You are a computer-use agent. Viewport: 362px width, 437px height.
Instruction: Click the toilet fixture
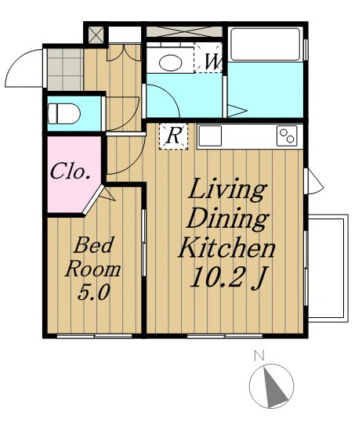click(64, 114)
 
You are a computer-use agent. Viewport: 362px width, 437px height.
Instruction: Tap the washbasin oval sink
click(170, 63)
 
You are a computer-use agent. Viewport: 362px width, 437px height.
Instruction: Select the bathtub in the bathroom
click(265, 45)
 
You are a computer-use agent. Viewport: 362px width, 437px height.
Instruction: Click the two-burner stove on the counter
click(287, 135)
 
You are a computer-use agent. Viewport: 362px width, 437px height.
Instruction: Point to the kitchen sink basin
click(210, 135)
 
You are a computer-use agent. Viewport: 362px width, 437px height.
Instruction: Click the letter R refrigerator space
click(173, 136)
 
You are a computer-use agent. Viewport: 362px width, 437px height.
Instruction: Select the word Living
click(227, 190)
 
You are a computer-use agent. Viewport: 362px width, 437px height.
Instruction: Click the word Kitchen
click(226, 248)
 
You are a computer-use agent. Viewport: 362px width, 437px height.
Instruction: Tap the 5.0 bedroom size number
click(93, 293)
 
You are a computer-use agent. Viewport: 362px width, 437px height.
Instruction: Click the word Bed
click(94, 245)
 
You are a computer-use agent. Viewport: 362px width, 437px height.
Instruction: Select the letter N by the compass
click(259, 356)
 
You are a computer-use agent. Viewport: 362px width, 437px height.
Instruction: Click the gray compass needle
click(274, 386)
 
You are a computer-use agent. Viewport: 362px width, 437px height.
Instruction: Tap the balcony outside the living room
click(328, 269)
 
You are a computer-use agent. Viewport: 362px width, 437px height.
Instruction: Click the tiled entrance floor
click(65, 70)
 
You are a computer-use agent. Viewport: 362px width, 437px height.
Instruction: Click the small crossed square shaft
click(96, 34)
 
